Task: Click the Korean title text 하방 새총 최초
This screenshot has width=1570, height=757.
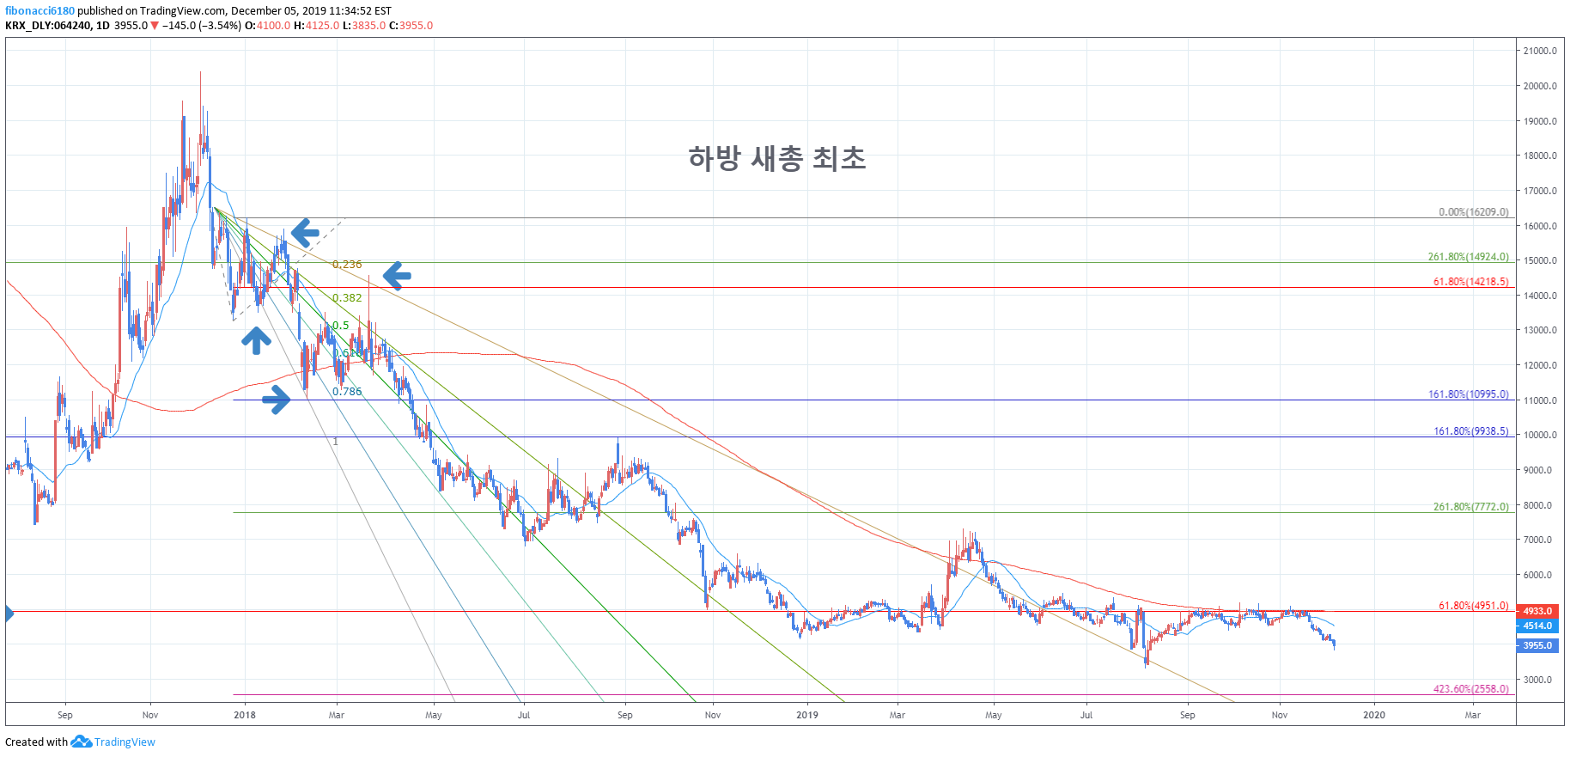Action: [776, 158]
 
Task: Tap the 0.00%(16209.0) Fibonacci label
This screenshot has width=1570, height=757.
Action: [1473, 212]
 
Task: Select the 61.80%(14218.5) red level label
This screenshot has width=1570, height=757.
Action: [1470, 282]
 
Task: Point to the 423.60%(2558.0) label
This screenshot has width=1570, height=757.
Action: [1470, 689]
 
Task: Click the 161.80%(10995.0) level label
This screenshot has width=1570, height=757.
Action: [1468, 394]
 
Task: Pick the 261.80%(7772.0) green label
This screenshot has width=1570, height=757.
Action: [1470, 507]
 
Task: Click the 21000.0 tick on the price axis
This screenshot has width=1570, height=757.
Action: [1539, 51]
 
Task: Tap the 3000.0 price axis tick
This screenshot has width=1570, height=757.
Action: [1537, 680]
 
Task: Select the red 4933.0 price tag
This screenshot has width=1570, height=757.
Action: [1537, 611]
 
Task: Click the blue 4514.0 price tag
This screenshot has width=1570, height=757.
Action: [1537, 626]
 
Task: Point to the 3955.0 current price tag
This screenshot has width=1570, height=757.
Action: [1537, 645]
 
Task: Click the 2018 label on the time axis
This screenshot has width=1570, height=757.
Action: [245, 715]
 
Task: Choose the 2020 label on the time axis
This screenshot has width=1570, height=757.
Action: [1373, 715]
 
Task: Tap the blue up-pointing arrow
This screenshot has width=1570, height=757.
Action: [256, 340]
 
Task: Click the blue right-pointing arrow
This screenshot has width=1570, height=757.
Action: [277, 399]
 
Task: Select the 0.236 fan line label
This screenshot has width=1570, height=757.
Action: [347, 265]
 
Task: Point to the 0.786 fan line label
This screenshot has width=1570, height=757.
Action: [347, 392]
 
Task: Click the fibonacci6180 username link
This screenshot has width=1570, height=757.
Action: [40, 11]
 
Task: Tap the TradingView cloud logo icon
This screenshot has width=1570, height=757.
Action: [81, 742]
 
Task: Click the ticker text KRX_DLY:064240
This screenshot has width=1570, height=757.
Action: [47, 26]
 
